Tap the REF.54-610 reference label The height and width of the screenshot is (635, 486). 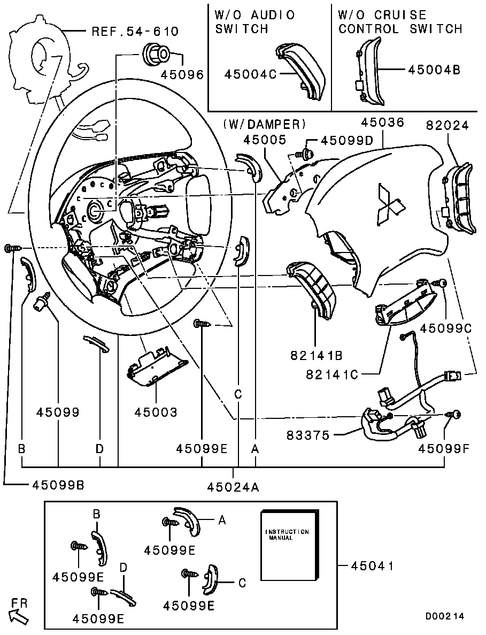tap(135, 32)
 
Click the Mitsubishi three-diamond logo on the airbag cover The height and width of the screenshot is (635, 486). tap(390, 203)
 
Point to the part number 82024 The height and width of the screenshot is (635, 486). tap(448, 126)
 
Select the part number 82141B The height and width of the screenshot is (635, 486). tap(315, 354)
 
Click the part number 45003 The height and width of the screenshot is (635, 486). tap(156, 412)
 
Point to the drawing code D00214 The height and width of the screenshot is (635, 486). tap(445, 616)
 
